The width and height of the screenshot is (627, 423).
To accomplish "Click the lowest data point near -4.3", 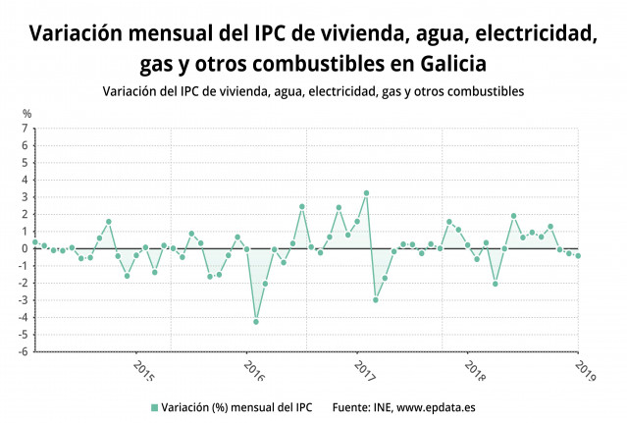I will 256,322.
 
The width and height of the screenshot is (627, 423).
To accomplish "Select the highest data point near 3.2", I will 366,193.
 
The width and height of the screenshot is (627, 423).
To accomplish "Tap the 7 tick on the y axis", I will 25,129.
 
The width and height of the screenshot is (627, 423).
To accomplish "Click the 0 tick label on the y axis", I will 25,248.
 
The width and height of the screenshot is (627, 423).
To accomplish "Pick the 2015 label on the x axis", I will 143,373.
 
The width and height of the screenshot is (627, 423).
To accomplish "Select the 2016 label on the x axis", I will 253,373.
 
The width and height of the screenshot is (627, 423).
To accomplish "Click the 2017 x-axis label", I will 364,373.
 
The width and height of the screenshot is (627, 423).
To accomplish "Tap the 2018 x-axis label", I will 475,373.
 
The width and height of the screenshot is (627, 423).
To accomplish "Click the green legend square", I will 153,406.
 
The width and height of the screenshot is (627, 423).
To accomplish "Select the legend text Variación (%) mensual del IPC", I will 235,406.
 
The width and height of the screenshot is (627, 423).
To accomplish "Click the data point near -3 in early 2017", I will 375,299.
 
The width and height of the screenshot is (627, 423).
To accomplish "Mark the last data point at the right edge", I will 578,256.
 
